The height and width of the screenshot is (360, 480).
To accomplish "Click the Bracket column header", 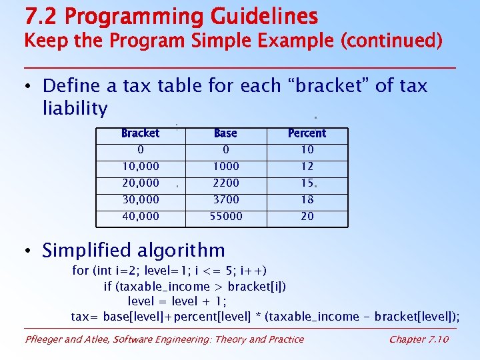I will [140, 133].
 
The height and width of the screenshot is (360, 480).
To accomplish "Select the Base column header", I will [225, 133].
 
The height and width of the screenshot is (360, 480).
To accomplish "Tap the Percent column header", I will [307, 133].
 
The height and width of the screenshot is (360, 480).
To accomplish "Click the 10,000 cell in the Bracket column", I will [140, 167].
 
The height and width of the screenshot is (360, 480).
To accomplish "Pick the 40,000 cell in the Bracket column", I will [140, 216].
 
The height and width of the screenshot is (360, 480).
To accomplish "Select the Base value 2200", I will [225, 183].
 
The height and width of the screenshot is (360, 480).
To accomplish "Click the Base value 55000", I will [225, 216].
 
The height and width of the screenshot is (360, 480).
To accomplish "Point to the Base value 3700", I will [225, 199].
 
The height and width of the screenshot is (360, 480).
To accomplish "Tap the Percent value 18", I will [307, 199].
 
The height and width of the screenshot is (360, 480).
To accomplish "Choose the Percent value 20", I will [307, 216].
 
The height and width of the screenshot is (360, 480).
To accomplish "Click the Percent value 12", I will [307, 167].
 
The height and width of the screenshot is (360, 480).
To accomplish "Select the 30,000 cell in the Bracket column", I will [140, 199].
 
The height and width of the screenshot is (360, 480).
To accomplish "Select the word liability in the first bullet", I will [75, 107].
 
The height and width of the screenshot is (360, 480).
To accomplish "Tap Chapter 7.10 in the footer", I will [419, 339].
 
